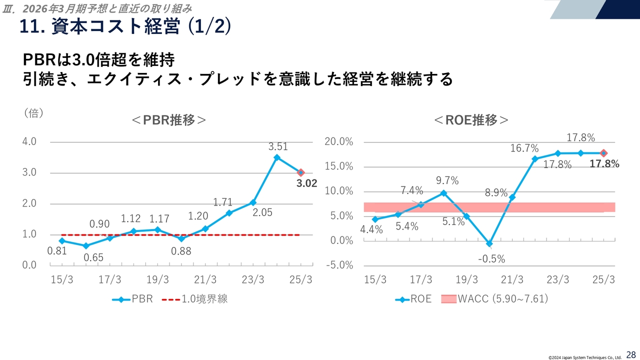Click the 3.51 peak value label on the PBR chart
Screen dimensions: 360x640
(x=278, y=147)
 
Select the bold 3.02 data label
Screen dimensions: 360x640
(x=306, y=183)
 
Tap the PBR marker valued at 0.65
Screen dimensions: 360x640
(x=86, y=246)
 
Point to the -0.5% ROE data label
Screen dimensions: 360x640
(x=491, y=259)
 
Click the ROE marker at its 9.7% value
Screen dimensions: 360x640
(x=443, y=193)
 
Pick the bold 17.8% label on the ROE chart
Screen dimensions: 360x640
(x=604, y=163)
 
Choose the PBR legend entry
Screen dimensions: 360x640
(x=132, y=299)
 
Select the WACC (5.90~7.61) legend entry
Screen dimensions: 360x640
(x=495, y=299)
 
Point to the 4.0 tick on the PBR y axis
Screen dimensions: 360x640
(x=29, y=141)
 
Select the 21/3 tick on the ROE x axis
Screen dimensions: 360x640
(x=512, y=279)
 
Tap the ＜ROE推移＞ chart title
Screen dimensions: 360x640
(x=471, y=120)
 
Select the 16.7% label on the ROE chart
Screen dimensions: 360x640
(x=524, y=148)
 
